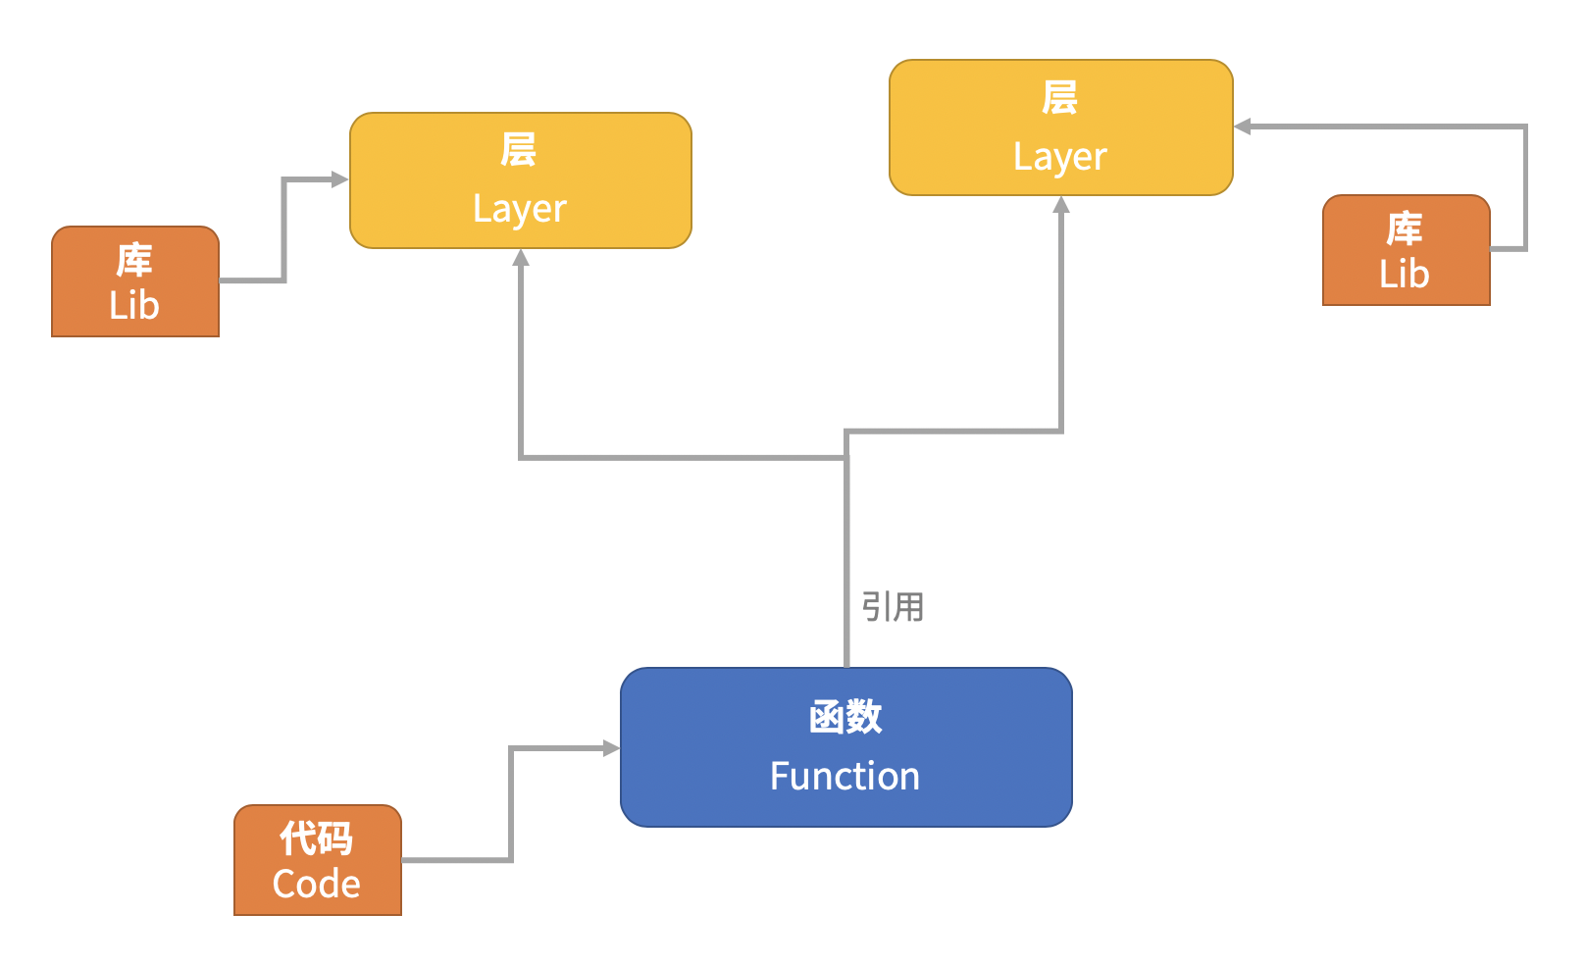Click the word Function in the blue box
[x=845, y=777]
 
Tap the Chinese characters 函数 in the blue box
[x=845, y=717]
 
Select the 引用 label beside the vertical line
[x=893, y=607]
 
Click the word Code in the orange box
[x=316, y=885]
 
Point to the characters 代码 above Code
[x=316, y=838]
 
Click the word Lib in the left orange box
[x=134, y=306]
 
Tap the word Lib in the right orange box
[x=1405, y=275]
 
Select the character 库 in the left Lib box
[x=134, y=261]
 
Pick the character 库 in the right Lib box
[x=1405, y=229]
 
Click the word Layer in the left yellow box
[x=520, y=209]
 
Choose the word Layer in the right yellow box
[x=1060, y=157]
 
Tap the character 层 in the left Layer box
[x=519, y=150]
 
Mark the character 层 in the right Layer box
[x=1060, y=98]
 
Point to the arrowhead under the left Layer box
[x=521, y=258]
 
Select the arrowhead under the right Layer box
[x=1061, y=205]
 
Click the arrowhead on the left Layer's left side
[x=340, y=179]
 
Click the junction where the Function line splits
[x=846, y=457]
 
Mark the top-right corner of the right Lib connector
[x=1525, y=127]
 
